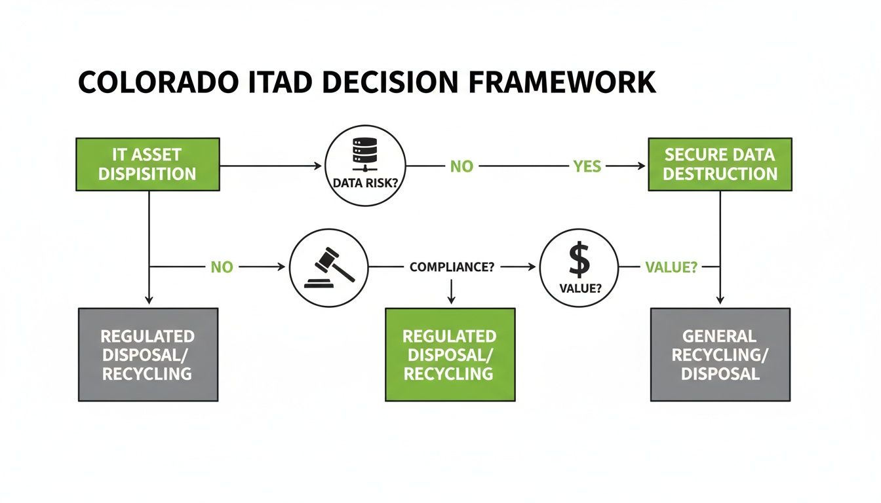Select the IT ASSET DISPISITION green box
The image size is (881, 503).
147,164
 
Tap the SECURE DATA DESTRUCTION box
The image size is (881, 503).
720,164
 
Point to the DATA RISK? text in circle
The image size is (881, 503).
365,184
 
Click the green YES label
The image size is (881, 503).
586,166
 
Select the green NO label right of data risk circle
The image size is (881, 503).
461,166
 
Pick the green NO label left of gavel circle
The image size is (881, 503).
222,267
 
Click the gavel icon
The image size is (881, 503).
328,269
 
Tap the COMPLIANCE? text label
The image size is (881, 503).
451,267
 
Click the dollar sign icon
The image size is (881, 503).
579,261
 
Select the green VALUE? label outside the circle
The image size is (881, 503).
671,267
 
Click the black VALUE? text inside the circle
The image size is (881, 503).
579,286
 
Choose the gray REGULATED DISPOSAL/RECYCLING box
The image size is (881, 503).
147,354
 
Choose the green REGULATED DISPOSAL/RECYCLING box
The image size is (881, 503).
450,354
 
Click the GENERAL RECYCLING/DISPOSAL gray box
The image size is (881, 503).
720,354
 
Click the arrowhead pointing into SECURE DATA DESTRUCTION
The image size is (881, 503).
642,166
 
